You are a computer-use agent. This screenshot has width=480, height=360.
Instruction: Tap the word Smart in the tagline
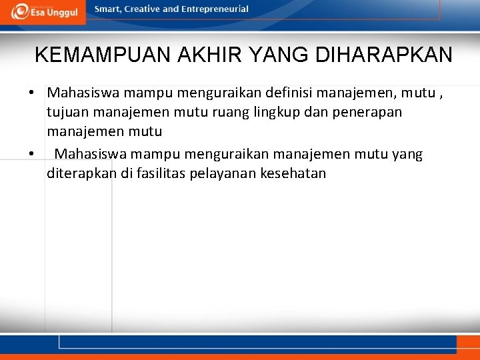pos(109,9)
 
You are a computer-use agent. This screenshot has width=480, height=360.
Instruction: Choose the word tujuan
pos(69,112)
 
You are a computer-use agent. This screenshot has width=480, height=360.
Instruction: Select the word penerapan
pos(369,112)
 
